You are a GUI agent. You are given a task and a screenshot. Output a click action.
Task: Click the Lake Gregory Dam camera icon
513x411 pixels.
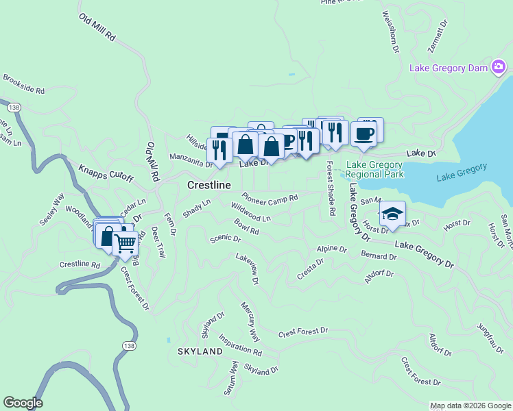click(x=499, y=67)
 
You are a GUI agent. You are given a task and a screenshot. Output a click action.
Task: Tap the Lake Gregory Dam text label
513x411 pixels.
click(x=450, y=68)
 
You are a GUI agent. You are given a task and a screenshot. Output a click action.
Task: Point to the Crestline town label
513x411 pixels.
click(x=208, y=186)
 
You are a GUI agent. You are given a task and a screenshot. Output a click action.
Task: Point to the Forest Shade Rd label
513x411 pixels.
click(x=330, y=188)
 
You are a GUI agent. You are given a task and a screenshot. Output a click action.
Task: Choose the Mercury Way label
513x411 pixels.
click(x=250, y=321)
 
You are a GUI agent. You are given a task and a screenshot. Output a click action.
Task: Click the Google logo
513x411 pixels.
click(x=23, y=403)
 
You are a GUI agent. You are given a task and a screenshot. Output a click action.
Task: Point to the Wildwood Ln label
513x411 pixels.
click(x=251, y=212)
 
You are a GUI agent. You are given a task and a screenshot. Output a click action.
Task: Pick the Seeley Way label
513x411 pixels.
click(x=51, y=209)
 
